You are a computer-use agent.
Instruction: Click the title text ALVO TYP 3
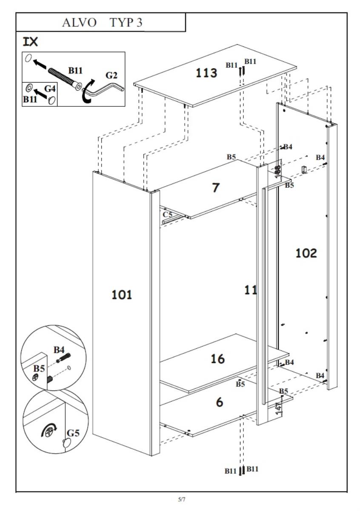102,23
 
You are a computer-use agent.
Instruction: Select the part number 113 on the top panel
206,73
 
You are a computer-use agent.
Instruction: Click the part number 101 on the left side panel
122,295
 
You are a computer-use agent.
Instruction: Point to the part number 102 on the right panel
306,253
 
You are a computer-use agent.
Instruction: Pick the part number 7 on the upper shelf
216,187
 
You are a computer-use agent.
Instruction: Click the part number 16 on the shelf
217,359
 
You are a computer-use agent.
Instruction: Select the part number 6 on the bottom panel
220,402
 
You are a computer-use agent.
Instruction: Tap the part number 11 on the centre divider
251,290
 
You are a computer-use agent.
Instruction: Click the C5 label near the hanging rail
167,215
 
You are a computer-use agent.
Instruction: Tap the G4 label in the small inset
50,89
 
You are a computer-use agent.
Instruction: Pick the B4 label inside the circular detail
59,350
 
